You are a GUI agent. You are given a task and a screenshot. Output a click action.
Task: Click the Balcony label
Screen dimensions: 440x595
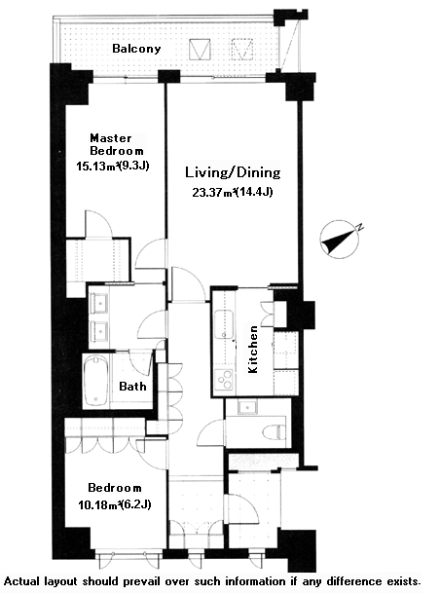136,49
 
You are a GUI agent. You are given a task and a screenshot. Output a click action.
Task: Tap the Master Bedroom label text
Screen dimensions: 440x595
117,144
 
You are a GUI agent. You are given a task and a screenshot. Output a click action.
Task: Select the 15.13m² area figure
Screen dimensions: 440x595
95,167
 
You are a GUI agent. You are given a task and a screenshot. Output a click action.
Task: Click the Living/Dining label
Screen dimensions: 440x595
233,172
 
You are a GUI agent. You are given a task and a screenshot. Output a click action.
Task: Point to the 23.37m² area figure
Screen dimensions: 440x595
212,193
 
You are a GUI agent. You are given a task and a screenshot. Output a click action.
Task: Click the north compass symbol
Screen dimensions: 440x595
341,239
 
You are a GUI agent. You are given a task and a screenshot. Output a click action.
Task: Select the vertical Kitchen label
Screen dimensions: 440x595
253,349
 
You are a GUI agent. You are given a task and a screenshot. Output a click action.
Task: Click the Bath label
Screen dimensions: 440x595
132,387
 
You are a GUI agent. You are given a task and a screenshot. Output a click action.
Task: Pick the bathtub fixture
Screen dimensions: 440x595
95,381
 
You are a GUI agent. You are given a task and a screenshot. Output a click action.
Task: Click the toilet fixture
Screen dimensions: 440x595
275,431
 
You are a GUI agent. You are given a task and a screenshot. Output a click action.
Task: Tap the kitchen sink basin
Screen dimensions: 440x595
224,323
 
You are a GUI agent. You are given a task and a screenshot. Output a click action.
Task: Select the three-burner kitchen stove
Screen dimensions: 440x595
224,379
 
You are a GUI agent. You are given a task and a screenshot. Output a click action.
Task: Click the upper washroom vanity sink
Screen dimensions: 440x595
99,303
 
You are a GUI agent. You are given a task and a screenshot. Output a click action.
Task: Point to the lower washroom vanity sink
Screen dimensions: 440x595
99,331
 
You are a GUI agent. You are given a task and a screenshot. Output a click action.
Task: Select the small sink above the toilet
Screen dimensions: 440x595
247,407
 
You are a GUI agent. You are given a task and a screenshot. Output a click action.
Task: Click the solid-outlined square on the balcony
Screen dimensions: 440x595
200,50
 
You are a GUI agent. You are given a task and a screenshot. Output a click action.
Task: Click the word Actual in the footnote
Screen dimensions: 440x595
21,581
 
